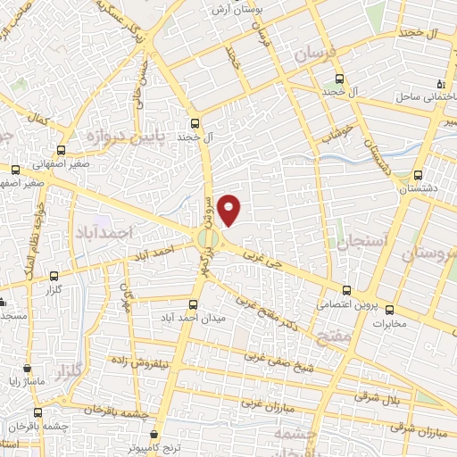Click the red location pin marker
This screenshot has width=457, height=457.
[230, 209]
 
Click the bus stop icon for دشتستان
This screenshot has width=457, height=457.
[419, 175]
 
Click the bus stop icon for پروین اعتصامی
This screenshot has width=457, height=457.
[347, 289]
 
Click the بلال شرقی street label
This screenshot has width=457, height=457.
[381, 394]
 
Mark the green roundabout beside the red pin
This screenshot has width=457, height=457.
[207, 237]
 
